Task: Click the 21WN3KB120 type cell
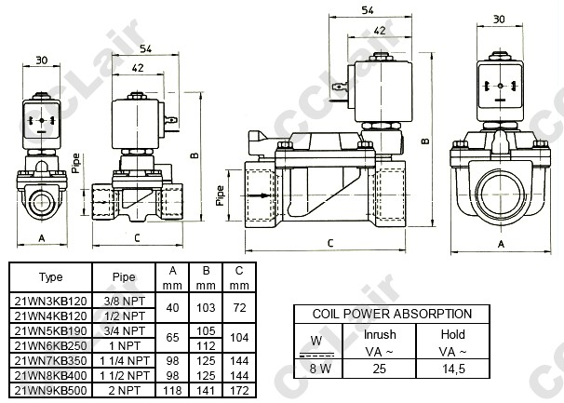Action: point(50,302)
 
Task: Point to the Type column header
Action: point(50,276)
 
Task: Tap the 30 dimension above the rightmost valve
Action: point(499,19)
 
